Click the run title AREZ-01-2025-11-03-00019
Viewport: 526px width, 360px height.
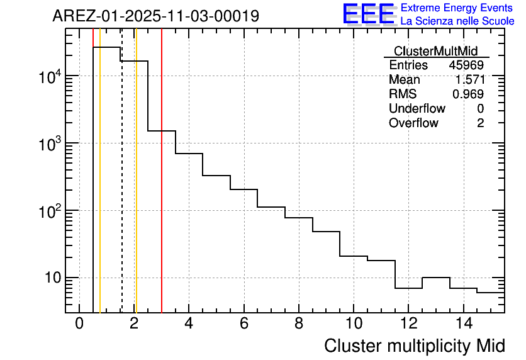(x=155, y=16)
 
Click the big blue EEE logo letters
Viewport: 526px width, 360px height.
(x=369, y=14)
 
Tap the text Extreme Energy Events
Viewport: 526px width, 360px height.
(x=457, y=8)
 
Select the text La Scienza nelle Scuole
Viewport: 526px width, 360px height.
(x=457, y=21)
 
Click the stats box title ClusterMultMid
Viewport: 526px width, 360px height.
(x=435, y=51)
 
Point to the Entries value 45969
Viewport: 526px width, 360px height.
(x=466, y=65)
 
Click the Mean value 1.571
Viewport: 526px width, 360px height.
(x=469, y=80)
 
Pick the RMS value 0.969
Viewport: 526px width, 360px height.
(x=468, y=94)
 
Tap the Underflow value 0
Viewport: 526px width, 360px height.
(x=480, y=108)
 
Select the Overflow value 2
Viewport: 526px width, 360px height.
(x=480, y=123)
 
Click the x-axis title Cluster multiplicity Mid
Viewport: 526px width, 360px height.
(x=414, y=346)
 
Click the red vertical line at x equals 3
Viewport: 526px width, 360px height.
(x=162, y=189)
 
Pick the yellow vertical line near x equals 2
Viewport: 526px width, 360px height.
(x=136, y=189)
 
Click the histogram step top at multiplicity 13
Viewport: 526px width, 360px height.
(x=435, y=278)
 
